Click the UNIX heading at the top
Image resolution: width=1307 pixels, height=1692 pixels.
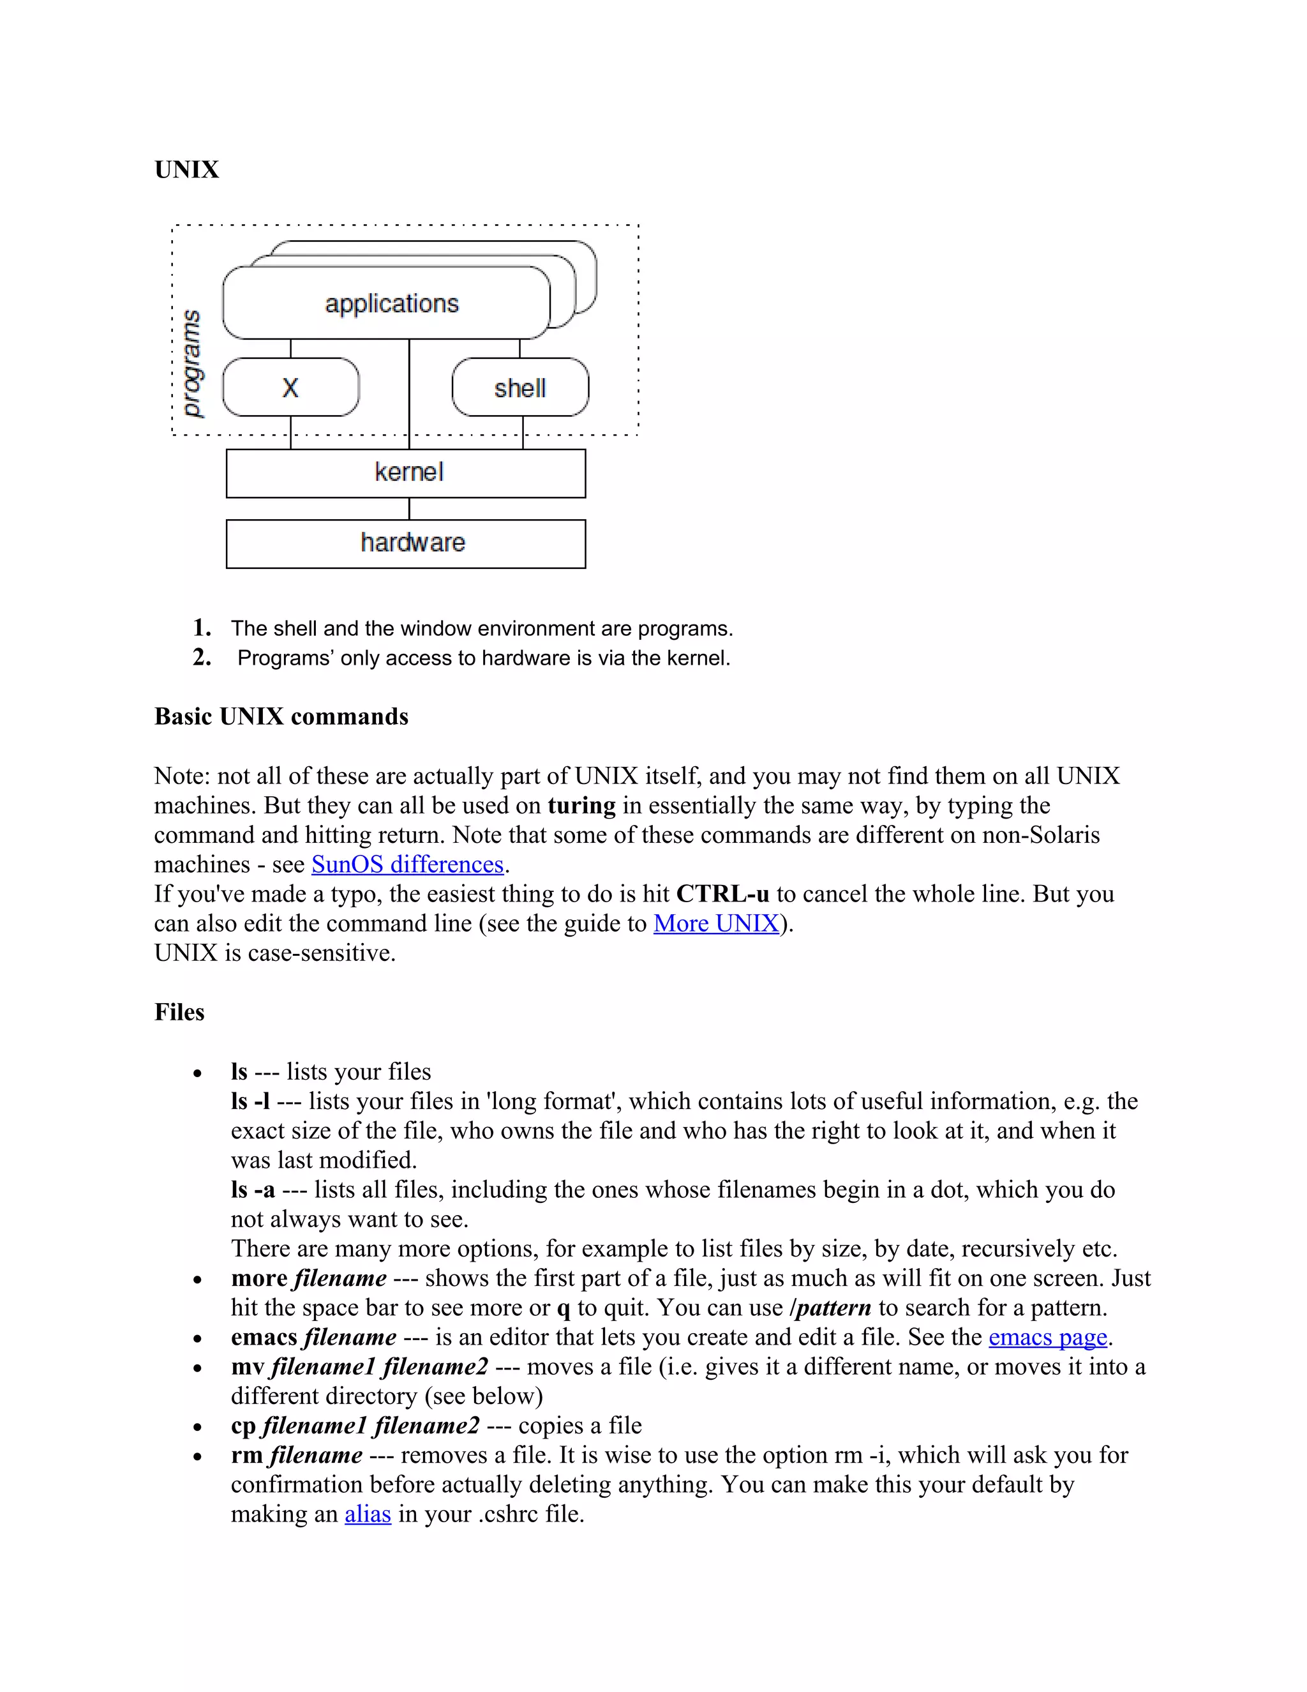click(186, 170)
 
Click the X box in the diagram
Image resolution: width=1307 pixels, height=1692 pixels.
click(290, 388)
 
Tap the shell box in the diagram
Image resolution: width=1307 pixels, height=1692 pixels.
click(519, 388)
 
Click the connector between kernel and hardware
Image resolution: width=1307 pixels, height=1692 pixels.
click(409, 509)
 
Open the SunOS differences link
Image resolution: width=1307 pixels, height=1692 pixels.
click(407, 864)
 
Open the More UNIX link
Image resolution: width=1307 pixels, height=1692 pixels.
click(716, 923)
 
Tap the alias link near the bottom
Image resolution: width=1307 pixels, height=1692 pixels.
click(368, 1513)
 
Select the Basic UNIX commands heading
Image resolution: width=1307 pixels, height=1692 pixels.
click(281, 716)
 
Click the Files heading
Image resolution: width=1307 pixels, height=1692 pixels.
click(179, 1012)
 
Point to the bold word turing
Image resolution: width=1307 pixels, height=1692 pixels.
click(581, 805)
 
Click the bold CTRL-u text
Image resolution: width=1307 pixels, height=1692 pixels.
click(722, 893)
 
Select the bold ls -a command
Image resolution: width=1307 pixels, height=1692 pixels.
click(253, 1190)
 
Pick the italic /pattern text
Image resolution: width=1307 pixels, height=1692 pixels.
click(830, 1308)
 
